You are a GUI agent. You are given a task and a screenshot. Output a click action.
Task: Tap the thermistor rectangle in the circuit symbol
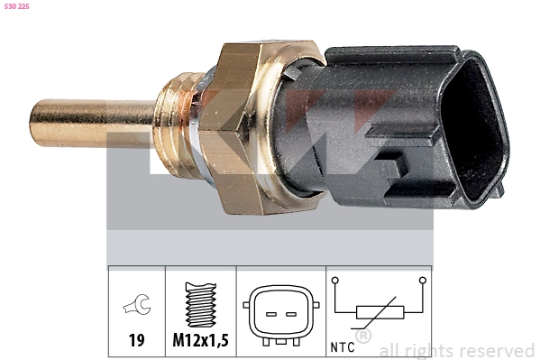coord(378,312)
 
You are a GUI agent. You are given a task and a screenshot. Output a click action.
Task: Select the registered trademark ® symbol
coord(363,337)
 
